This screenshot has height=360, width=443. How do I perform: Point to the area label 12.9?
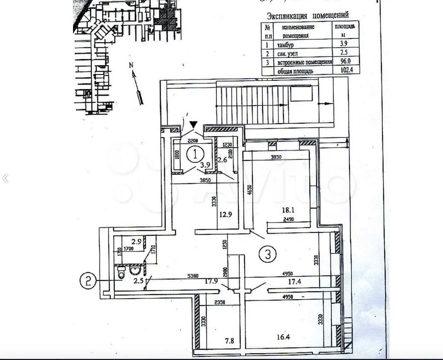coord(226,214)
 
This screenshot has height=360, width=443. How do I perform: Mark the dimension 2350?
coord(221,302)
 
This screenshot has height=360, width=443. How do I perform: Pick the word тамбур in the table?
coord(285,45)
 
